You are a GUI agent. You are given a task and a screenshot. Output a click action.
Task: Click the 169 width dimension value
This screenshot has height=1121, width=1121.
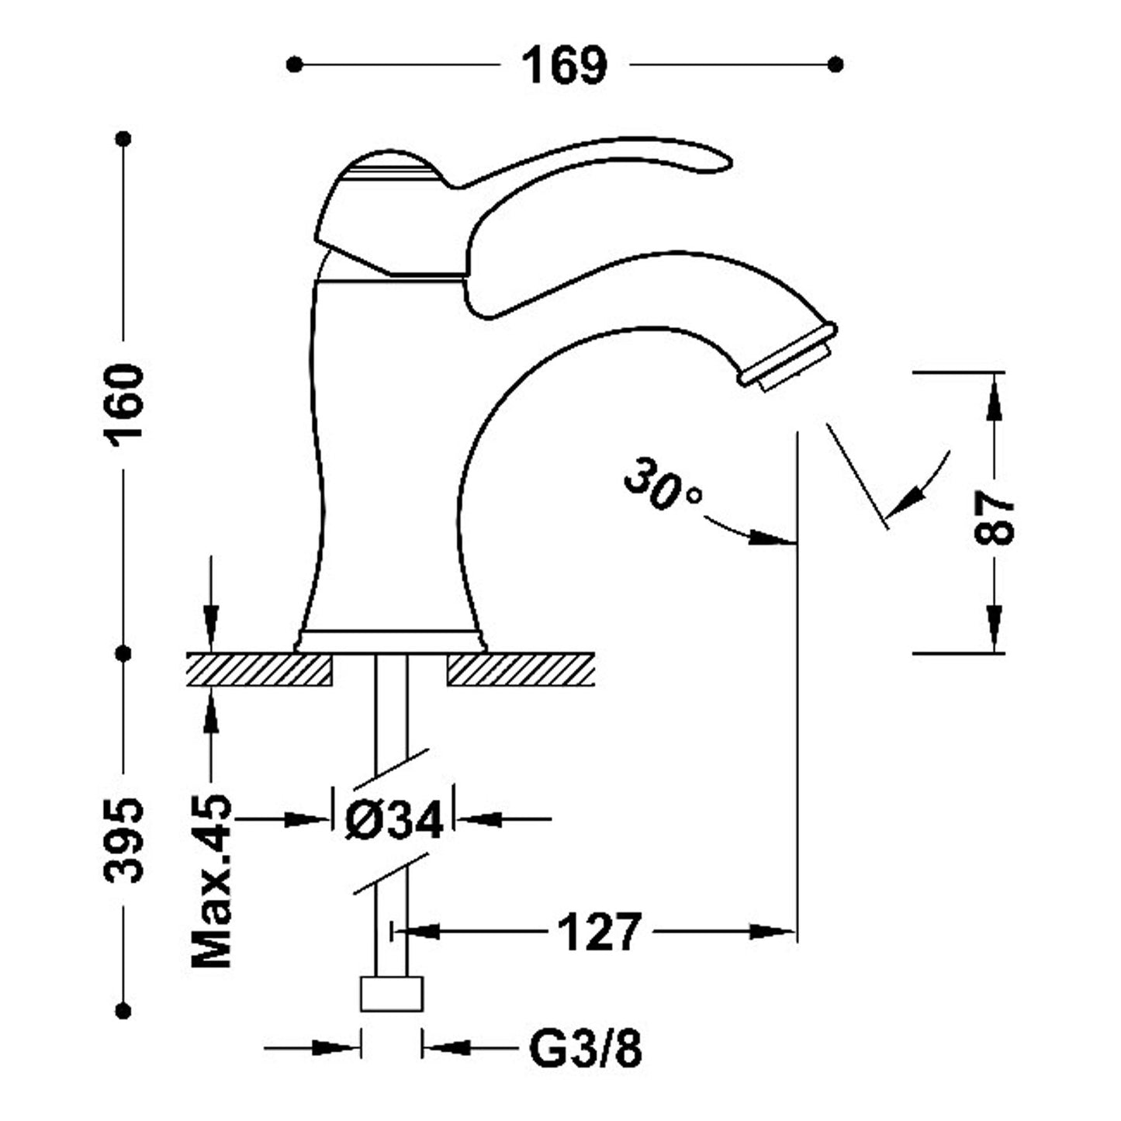click(564, 65)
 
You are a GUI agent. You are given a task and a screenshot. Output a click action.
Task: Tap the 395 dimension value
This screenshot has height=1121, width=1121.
click(124, 839)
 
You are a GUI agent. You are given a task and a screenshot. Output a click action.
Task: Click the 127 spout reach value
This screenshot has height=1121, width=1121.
click(600, 931)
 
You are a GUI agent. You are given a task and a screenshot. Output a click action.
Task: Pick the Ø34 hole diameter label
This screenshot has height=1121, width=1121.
click(393, 818)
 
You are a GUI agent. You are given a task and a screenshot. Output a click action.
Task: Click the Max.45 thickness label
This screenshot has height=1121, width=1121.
click(212, 881)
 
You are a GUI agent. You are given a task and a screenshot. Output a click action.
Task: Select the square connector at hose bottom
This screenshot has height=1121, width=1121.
click(392, 994)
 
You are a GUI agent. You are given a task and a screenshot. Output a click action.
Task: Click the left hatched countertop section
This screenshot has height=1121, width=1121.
click(258, 669)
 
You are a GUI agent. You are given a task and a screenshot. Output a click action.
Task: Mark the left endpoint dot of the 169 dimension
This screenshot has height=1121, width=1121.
click(293, 64)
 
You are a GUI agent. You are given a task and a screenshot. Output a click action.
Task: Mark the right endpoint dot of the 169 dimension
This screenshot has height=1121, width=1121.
click(836, 64)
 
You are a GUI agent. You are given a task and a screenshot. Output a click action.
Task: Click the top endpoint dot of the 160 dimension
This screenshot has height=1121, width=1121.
click(123, 139)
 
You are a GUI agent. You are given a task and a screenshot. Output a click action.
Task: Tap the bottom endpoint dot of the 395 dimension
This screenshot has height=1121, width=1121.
click(123, 1010)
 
